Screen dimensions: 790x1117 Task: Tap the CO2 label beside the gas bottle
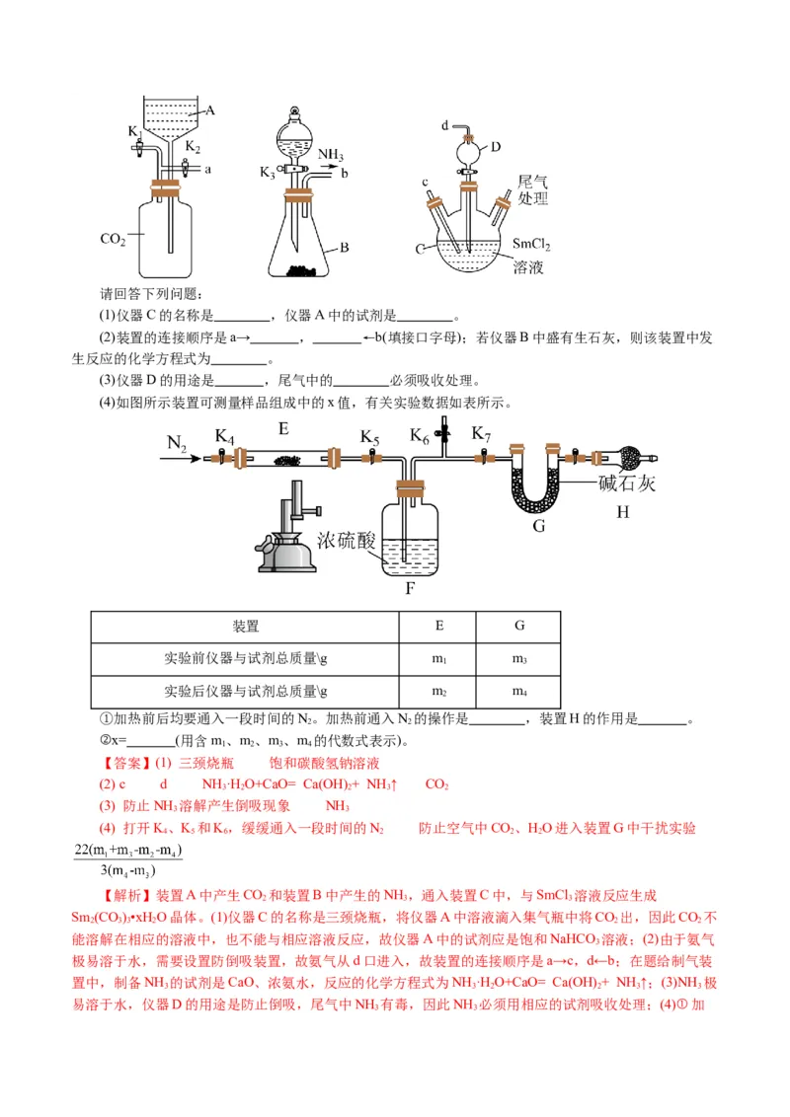point(114,239)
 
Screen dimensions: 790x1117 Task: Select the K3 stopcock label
point(268,173)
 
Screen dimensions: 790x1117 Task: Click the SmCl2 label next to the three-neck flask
point(531,245)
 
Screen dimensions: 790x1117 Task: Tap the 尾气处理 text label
point(532,190)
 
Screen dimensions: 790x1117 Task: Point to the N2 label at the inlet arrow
point(177,445)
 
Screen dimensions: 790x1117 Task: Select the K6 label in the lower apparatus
point(421,434)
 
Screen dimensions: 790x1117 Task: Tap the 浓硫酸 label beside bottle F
point(347,540)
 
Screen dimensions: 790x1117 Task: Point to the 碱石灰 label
point(627,484)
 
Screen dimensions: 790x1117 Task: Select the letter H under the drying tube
point(622,511)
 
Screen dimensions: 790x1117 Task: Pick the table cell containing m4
point(519,692)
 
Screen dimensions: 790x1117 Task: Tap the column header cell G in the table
point(519,626)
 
